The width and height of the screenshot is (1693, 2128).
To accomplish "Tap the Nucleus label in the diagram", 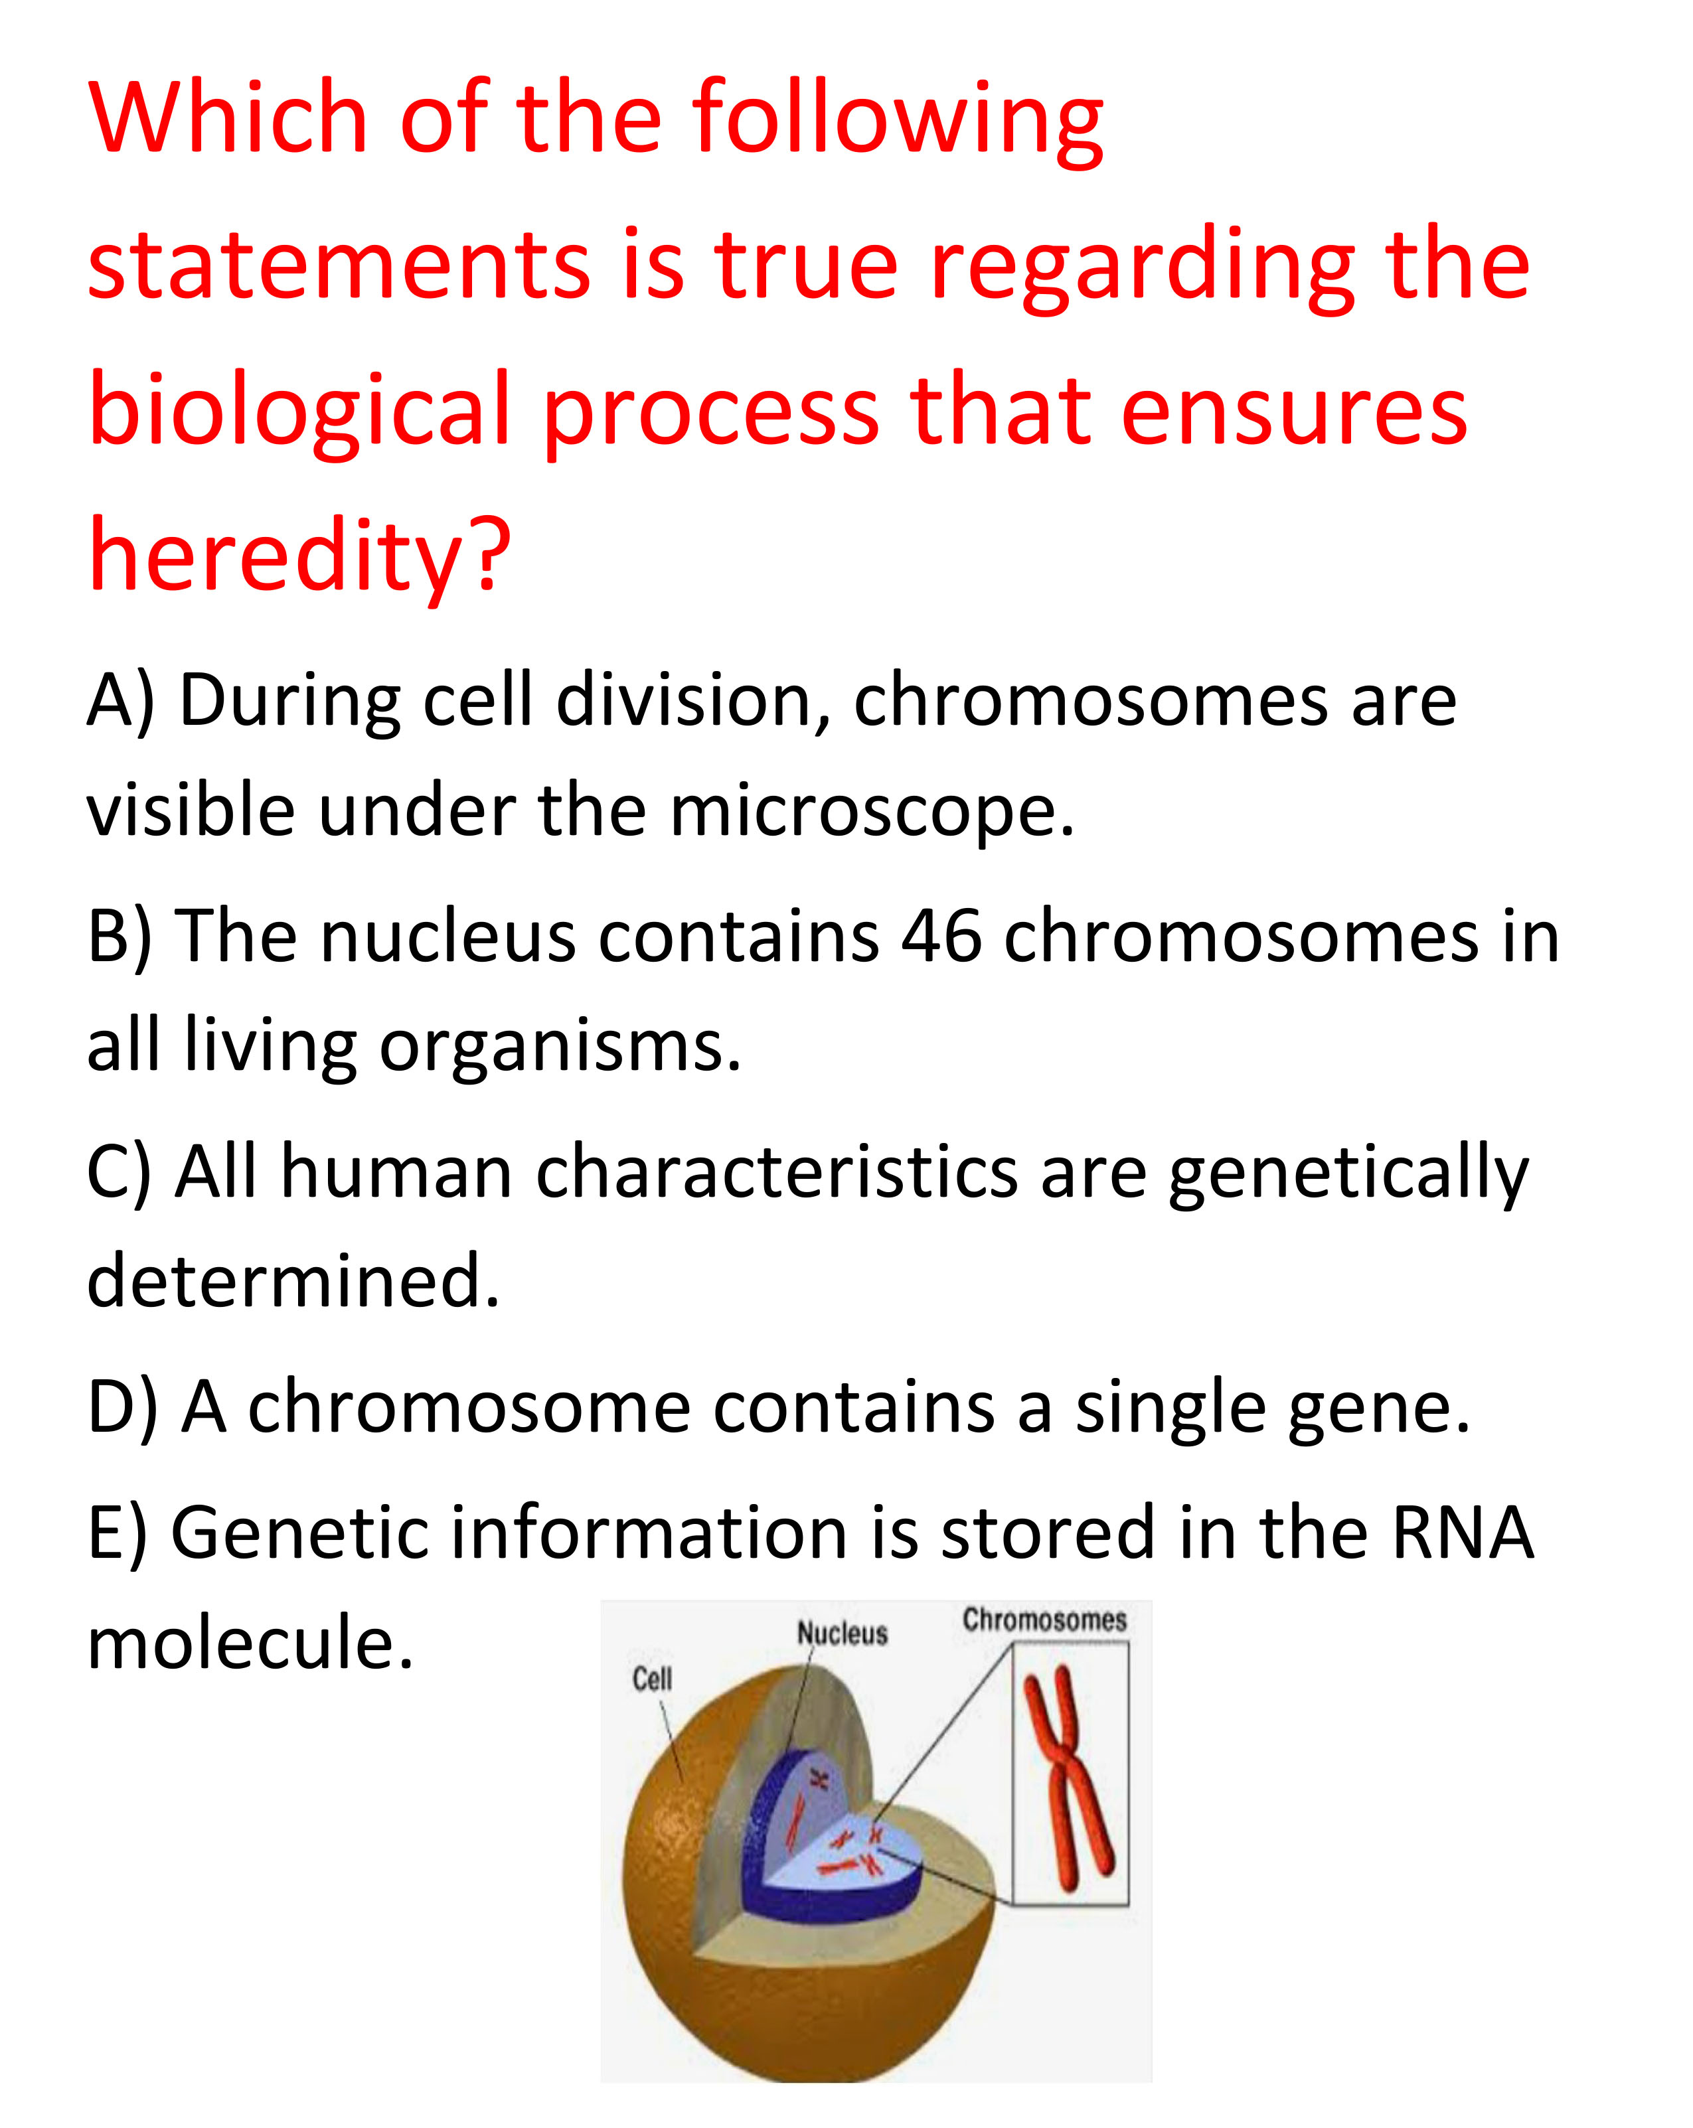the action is coord(842,1634).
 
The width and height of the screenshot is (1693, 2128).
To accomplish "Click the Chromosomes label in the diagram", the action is coord(1044,1621).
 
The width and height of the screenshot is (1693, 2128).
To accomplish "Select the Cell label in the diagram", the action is coord(651,1679).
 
